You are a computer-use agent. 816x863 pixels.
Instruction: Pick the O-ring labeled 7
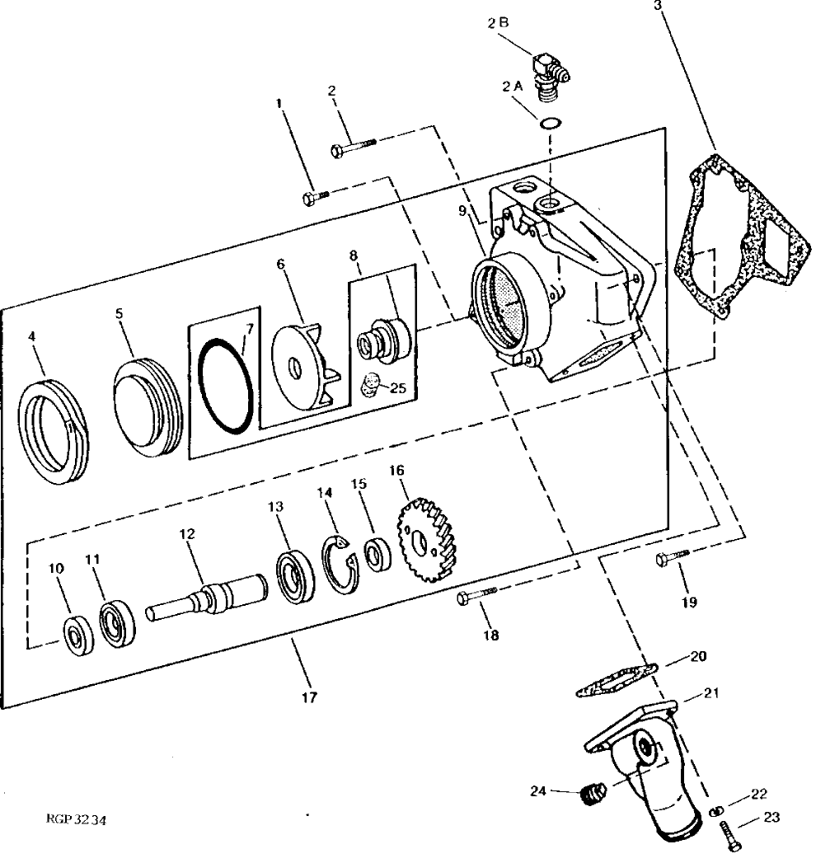coord(223,385)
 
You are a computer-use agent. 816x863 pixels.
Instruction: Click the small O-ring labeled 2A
coord(551,124)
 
